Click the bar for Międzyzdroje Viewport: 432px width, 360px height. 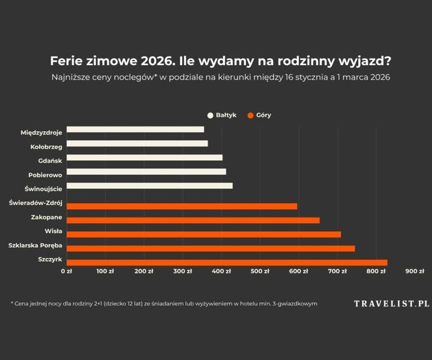(x=135, y=130)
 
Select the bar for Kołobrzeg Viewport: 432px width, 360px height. (x=137, y=143)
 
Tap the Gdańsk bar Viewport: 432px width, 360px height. (x=144, y=158)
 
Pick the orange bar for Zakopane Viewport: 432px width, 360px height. (x=193, y=220)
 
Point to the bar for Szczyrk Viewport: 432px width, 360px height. (x=227, y=262)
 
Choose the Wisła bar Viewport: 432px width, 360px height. (x=204, y=234)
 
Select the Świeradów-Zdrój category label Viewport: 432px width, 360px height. (x=36, y=203)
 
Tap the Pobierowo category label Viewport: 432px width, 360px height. (x=45, y=174)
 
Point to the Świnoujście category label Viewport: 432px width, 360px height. (x=43, y=189)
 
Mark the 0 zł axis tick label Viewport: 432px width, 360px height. (x=66, y=271)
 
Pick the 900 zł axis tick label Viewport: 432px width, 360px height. (x=415, y=271)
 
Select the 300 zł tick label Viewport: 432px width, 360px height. (x=183, y=271)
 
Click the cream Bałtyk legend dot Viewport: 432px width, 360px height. (x=210, y=115)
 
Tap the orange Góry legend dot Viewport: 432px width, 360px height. (x=250, y=115)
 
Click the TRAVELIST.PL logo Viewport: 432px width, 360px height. (x=392, y=303)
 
